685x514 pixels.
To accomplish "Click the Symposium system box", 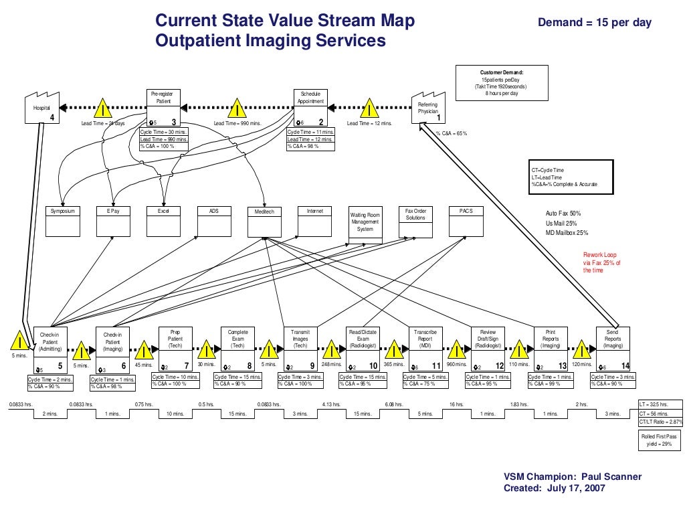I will (x=63, y=222).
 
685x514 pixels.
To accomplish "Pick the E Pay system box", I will (x=113, y=222).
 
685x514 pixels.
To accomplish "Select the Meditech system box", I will (x=264, y=222).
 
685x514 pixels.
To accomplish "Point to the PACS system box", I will (x=466, y=222).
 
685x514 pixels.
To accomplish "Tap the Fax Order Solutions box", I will (x=415, y=222).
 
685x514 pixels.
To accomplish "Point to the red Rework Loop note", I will (x=602, y=262).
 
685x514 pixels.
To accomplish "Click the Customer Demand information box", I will (x=502, y=84).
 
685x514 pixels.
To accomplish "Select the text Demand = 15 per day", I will (x=595, y=23).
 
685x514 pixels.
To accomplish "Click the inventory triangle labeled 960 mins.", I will (x=457, y=349).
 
